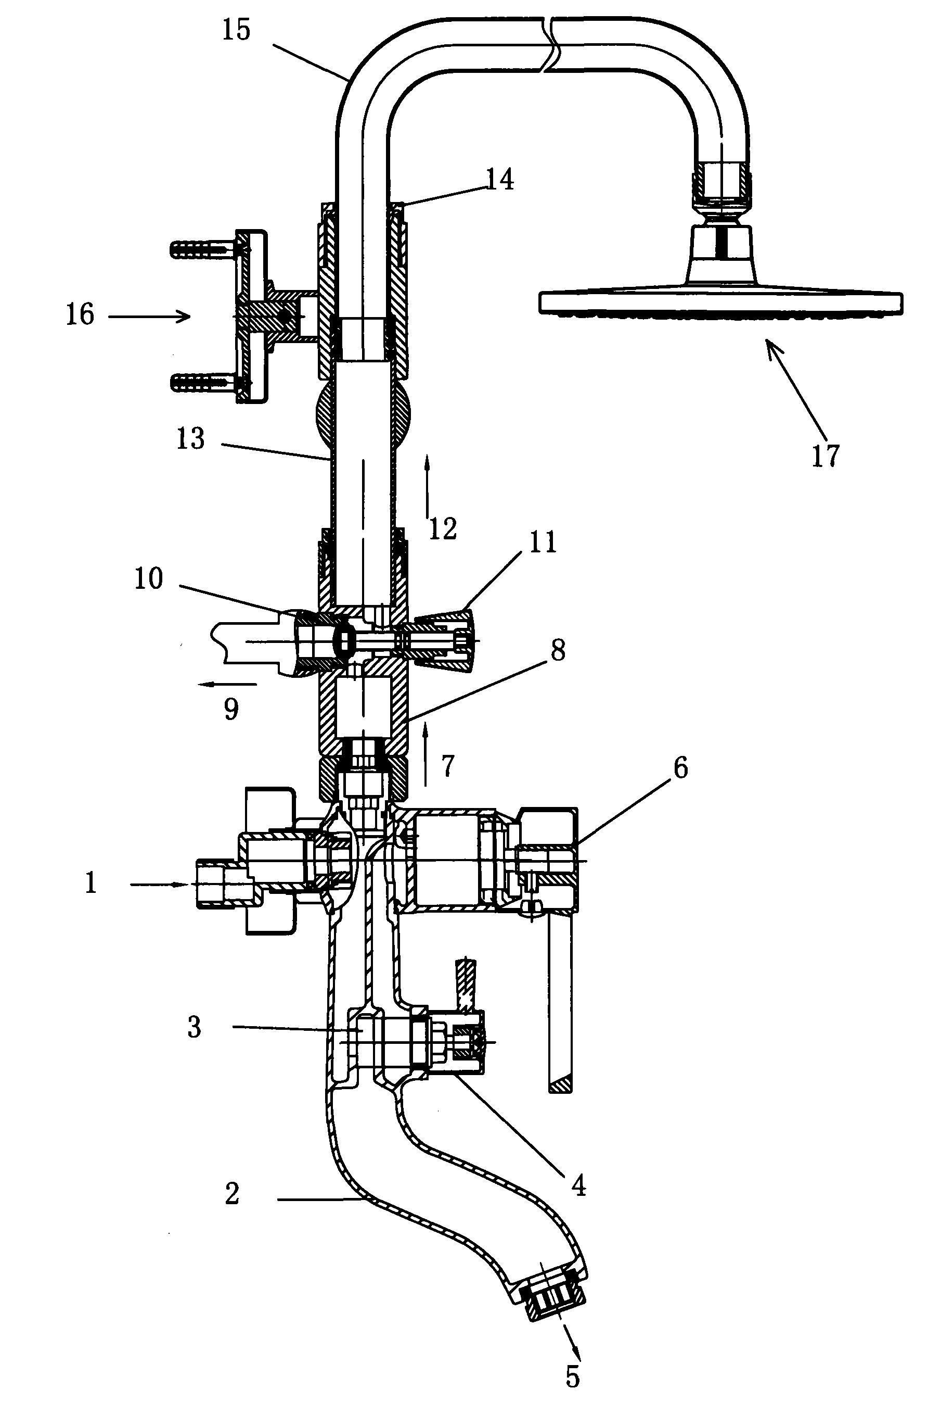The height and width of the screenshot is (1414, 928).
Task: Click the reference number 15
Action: pyautogui.click(x=236, y=30)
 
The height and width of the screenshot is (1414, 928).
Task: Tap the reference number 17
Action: pyautogui.click(x=826, y=456)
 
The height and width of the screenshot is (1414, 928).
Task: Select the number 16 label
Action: pyautogui.click(x=80, y=315)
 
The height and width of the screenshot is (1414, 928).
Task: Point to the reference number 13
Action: pyautogui.click(x=190, y=439)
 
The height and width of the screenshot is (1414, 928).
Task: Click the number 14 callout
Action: pyautogui.click(x=500, y=180)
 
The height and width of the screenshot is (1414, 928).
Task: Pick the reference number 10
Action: pyautogui.click(x=148, y=578)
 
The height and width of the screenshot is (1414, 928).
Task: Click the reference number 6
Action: pyautogui.click(x=680, y=768)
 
